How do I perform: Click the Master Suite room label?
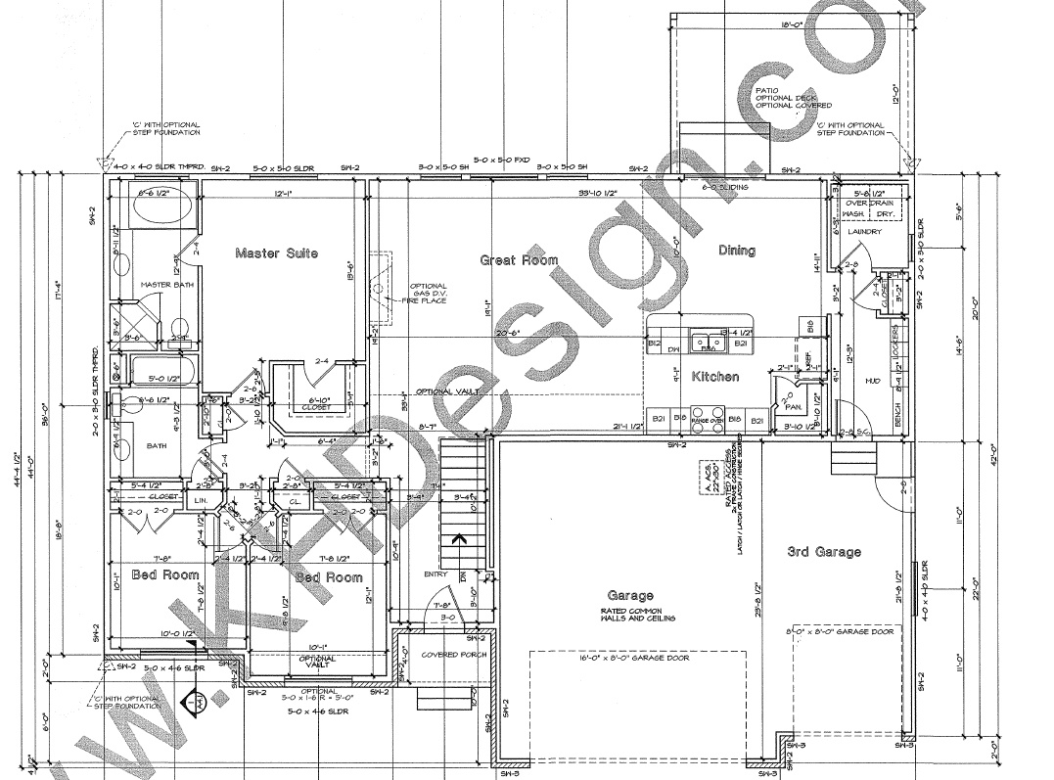(x=276, y=253)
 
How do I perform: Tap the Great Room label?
(x=519, y=260)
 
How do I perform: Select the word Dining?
(x=736, y=251)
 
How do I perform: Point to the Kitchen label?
(x=714, y=377)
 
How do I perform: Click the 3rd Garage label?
(x=824, y=552)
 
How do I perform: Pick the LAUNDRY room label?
(x=864, y=232)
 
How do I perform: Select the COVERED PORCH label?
(x=447, y=655)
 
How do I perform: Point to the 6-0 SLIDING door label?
(x=726, y=186)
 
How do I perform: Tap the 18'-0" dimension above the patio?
(x=791, y=23)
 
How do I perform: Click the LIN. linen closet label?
(x=201, y=501)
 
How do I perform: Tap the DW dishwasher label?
(x=672, y=347)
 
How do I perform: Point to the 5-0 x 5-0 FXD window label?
(x=501, y=158)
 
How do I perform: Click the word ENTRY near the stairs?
(x=434, y=574)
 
